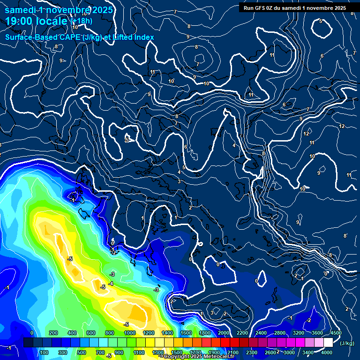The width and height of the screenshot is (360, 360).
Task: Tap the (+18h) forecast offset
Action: click(81, 22)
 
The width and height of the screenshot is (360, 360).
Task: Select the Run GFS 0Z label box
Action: click(295, 7)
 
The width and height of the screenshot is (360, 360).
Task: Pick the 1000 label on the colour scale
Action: click(129, 333)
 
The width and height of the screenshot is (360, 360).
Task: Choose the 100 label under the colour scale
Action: click(45, 352)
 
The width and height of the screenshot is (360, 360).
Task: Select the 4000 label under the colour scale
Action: click(327, 352)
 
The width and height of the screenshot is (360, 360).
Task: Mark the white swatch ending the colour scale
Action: click(328, 343)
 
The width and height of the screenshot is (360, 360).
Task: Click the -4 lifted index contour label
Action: click(111, 284)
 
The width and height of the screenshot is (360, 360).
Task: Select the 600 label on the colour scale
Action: click(91, 333)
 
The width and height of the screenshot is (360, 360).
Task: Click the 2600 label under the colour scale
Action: click(270, 352)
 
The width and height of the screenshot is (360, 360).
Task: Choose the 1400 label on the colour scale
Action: click(167, 333)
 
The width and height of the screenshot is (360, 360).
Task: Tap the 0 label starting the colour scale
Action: click(32, 333)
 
